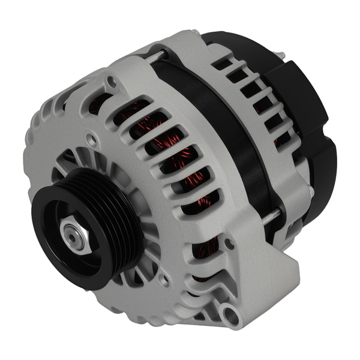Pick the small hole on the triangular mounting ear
pos(229,244)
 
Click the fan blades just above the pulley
pos(90,165)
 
